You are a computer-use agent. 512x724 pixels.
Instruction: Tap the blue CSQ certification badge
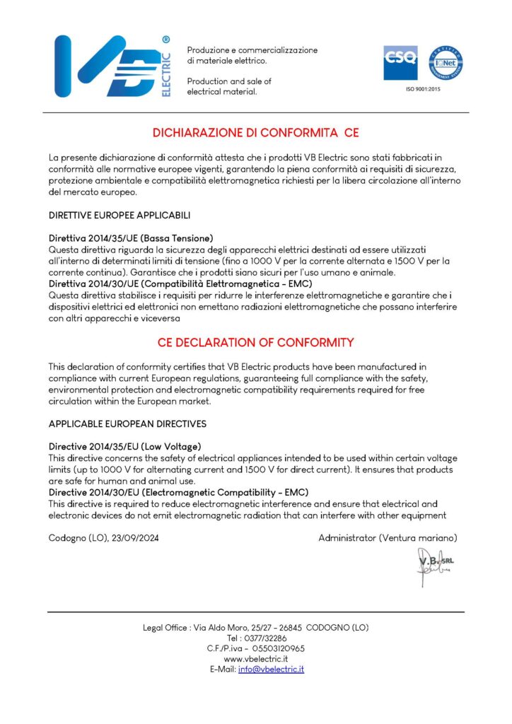tap(400, 63)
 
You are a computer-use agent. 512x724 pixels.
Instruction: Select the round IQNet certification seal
tap(446, 63)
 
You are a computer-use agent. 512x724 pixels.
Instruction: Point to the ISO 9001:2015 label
tap(422, 90)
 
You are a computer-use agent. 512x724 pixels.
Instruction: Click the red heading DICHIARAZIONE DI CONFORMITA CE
tap(256, 132)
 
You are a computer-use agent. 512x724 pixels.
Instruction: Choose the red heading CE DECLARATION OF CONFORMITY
tap(255, 343)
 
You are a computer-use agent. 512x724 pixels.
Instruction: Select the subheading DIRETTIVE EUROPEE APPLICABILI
tap(120, 214)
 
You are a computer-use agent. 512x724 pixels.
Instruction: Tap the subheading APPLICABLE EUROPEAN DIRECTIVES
tap(127, 424)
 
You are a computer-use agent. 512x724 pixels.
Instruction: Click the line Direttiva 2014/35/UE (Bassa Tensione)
tap(131, 238)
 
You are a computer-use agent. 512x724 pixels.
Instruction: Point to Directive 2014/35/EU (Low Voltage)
tap(125, 447)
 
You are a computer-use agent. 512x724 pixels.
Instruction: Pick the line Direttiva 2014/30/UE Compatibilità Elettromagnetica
tap(180, 284)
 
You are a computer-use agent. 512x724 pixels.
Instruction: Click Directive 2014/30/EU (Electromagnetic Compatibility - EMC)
tap(179, 492)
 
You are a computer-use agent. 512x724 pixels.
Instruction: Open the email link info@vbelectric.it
tap(271, 669)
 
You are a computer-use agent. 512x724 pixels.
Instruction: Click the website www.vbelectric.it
tap(255, 658)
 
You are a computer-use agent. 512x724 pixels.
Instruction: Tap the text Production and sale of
tap(229, 81)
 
